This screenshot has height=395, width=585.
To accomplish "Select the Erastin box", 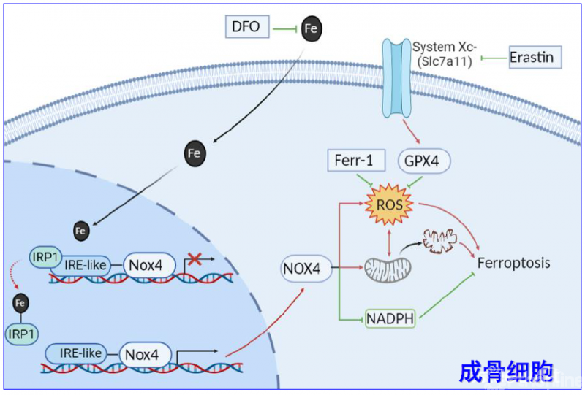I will click(535, 57).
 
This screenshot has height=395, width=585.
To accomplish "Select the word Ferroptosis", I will click(513, 263).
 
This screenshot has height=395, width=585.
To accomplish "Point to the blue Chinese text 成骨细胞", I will click(507, 371).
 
